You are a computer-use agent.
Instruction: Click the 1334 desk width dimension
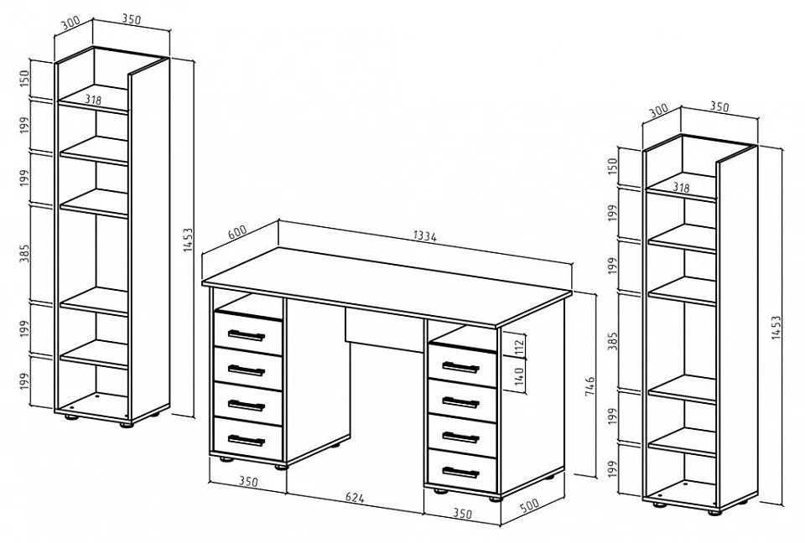(x=425, y=236)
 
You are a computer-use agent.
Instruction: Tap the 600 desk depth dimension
(x=237, y=231)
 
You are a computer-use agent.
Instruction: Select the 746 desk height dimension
(x=589, y=386)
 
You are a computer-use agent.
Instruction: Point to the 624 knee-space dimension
(x=355, y=497)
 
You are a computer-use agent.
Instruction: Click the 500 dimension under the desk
(x=529, y=505)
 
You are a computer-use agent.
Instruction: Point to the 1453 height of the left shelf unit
(x=188, y=240)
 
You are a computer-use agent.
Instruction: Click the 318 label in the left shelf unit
(x=93, y=100)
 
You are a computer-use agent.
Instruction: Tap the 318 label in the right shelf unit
(x=681, y=188)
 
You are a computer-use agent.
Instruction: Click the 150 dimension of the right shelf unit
(x=612, y=166)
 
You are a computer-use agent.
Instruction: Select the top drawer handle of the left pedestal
(x=247, y=335)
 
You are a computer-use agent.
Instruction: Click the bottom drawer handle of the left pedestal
(x=247, y=441)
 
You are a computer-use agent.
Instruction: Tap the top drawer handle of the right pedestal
(x=460, y=367)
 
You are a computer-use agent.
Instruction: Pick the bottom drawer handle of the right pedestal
(x=460, y=472)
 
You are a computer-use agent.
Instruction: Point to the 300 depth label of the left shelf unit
(x=70, y=23)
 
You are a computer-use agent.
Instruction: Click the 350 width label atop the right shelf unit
(x=719, y=106)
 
